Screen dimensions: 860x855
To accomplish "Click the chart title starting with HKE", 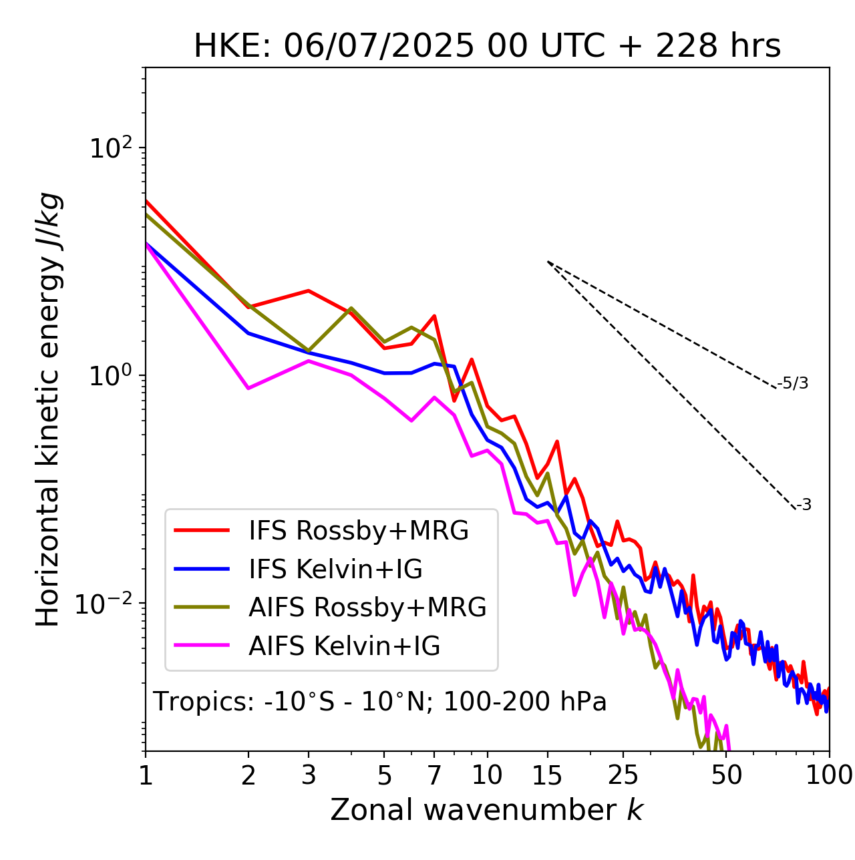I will (487, 47).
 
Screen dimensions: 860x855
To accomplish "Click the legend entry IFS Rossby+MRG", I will (358, 530).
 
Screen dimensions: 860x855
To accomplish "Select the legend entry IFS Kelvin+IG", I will (335, 569).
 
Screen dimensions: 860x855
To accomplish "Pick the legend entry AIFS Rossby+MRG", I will (367, 608).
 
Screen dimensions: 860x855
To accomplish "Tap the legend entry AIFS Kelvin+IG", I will (344, 646).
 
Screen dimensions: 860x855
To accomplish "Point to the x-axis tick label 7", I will (434, 775).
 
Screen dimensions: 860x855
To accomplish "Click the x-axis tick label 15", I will (547, 775).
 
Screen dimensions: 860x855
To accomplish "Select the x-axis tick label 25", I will (623, 775).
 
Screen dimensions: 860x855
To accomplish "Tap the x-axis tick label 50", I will (726, 775).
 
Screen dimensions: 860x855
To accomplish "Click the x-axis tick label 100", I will (829, 775).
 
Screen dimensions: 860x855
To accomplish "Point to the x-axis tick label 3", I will (309, 775).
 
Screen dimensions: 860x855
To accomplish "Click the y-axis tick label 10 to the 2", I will (111, 148).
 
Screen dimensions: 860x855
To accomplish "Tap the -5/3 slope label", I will (793, 383).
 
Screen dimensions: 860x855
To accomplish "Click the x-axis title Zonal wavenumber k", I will (487, 810).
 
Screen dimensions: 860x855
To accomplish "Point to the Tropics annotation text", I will (379, 702).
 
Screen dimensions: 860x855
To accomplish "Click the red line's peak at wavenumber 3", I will (309, 290).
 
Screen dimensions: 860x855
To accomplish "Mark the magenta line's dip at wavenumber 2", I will (248, 388).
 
